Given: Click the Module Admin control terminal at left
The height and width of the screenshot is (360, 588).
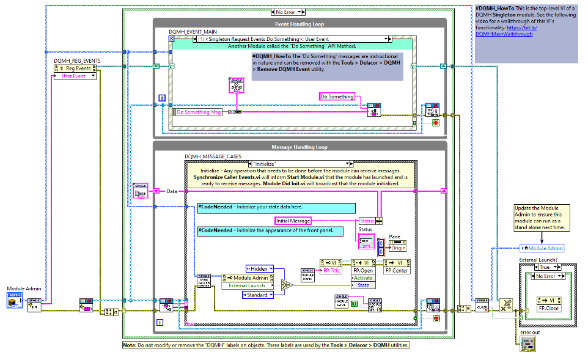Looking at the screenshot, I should click(x=14, y=300).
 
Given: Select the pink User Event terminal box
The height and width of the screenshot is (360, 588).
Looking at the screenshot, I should click(x=75, y=76).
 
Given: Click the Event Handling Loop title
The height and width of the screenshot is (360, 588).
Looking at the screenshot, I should click(x=299, y=24).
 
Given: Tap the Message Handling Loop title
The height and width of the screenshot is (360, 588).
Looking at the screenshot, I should click(x=299, y=147).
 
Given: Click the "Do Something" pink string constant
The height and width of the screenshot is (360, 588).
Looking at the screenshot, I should click(x=337, y=97).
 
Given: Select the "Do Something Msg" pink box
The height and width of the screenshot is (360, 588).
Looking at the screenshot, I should click(x=199, y=112).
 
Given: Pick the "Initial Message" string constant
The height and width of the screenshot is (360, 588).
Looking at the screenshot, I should click(x=293, y=221).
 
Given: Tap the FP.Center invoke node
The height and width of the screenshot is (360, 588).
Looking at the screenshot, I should click(x=397, y=270).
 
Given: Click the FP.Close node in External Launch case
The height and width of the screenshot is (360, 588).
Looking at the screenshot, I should click(x=548, y=308).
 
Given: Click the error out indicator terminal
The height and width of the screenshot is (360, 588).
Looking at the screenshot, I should click(x=527, y=346).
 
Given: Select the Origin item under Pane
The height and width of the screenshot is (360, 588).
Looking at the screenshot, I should click(x=398, y=248).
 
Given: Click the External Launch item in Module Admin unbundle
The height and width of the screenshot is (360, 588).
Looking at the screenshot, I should click(x=247, y=285).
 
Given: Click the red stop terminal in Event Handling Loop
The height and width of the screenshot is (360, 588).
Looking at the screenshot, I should click(x=436, y=122).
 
